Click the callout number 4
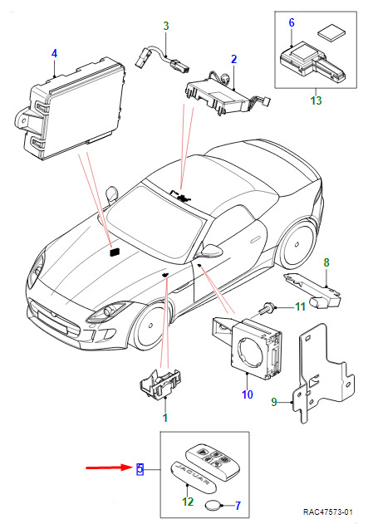tap(55, 53)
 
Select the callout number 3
tap(166, 26)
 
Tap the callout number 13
tap(316, 100)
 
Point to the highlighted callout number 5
tap(140, 469)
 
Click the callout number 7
tap(238, 505)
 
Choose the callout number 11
tap(300, 306)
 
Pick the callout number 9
tap(274, 402)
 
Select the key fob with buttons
tap(213, 463)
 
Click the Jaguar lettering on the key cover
tap(193, 475)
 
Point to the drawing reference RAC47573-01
tap(328, 512)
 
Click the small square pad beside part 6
tap(331, 34)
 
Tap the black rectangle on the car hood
tap(115, 252)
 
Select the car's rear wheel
tap(297, 245)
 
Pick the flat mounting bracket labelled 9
tap(322, 373)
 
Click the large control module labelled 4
tap(71, 109)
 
